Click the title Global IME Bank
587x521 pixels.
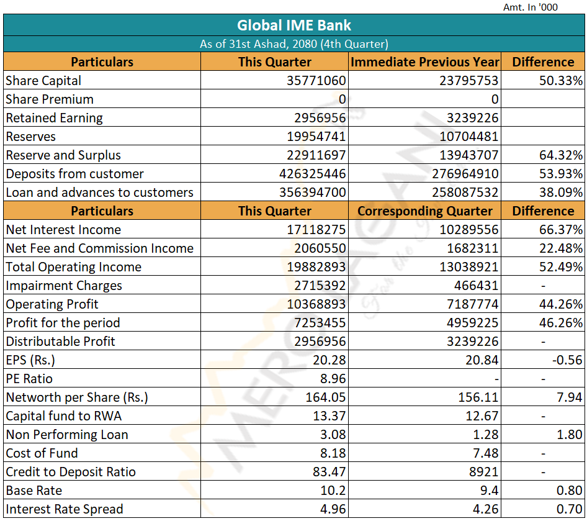pos(294,25)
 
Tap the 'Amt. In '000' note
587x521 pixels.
pos(530,7)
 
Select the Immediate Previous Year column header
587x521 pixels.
pos(425,62)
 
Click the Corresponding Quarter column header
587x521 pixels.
pos(425,211)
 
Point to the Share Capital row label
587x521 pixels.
pos(43,81)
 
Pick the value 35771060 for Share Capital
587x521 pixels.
pos(316,81)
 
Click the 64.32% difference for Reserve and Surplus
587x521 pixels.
pos(561,155)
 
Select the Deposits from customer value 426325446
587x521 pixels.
pos(313,174)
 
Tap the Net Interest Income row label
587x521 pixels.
pos(64,230)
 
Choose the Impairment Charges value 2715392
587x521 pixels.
pos(320,286)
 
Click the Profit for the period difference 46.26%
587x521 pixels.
pos(561,322)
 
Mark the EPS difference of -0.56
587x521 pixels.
pos(567,360)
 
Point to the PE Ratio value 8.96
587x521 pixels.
pos(333,379)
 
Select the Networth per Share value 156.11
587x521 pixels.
pos(478,397)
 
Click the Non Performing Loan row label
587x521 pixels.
pos(67,435)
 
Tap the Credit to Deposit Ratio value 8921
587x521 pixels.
pos(483,471)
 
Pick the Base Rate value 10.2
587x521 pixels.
pos(333,491)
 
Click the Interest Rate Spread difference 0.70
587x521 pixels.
pos(570,509)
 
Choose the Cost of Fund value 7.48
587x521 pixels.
pos(486,453)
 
